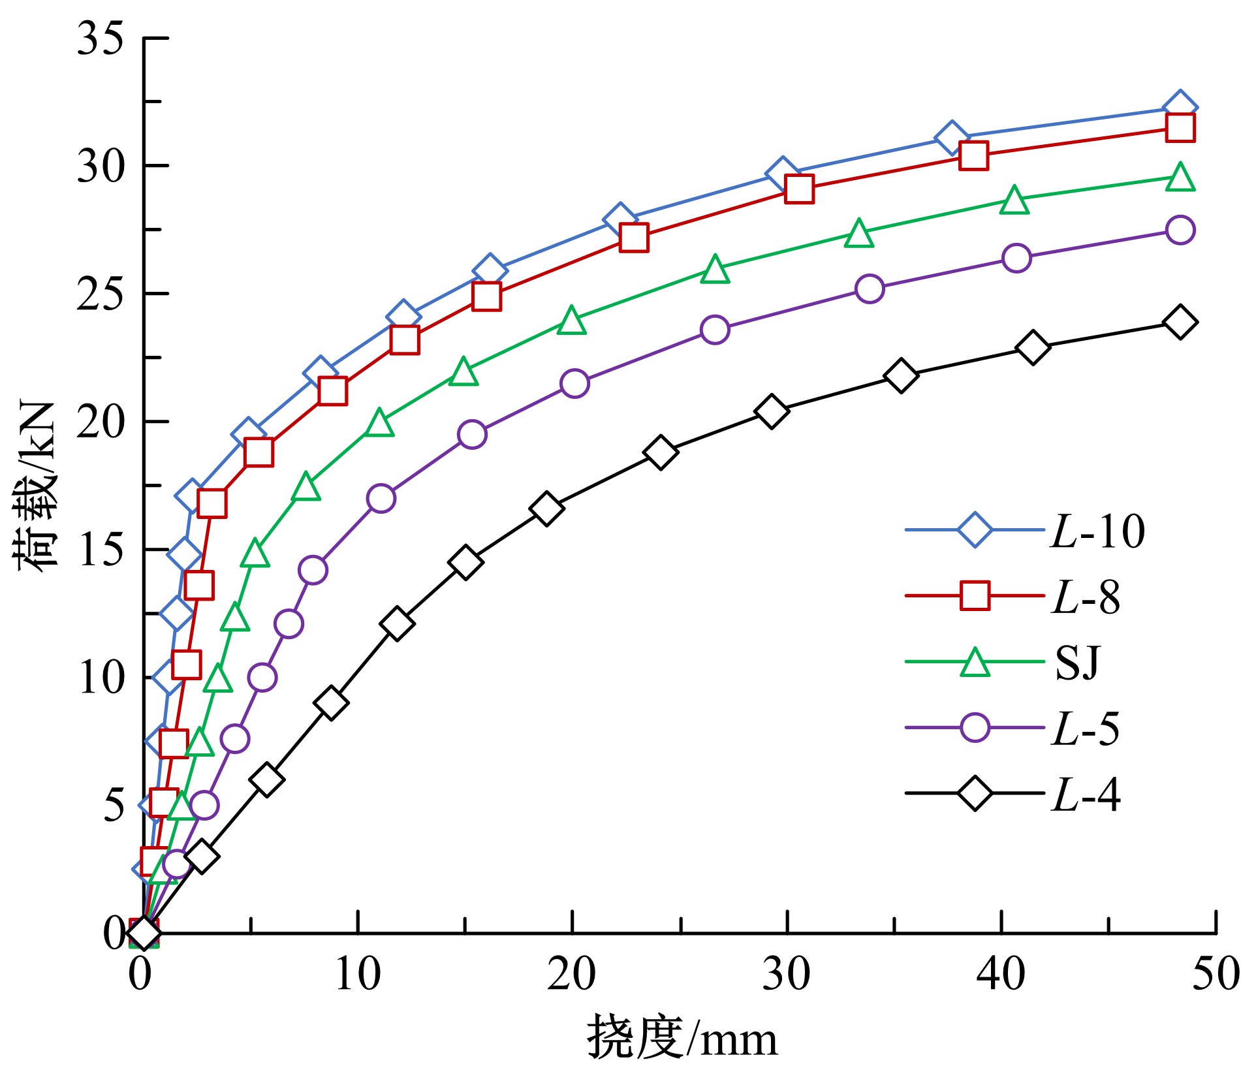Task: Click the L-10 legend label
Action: [x=1097, y=531]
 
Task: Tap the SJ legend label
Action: [x=1077, y=663]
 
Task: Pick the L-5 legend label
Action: [x=1086, y=728]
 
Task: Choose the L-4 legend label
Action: [x=1086, y=794]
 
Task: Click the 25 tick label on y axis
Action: [x=100, y=294]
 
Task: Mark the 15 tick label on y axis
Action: [x=100, y=550]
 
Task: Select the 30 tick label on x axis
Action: [x=787, y=974]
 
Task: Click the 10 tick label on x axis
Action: [x=358, y=974]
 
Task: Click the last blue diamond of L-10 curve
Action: [x=1180, y=108]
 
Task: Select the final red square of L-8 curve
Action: [x=1180, y=128]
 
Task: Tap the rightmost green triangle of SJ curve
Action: [x=1180, y=178]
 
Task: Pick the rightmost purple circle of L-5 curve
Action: [x=1180, y=230]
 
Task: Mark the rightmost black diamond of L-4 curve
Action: [x=1180, y=322]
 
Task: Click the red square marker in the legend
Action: [x=975, y=596]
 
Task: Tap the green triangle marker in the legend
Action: [x=975, y=663]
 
